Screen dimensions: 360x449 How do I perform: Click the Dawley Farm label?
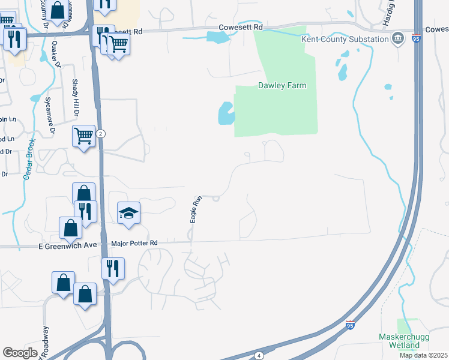tap(282, 85)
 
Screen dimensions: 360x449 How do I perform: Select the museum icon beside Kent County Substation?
tap(397, 40)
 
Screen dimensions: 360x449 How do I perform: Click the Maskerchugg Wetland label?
tap(404, 341)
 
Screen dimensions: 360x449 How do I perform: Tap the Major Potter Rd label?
tap(134, 243)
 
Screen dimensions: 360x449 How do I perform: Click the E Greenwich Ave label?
tap(67, 245)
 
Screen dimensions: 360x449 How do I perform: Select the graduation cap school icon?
tap(128, 213)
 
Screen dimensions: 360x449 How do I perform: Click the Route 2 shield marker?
tap(101, 134)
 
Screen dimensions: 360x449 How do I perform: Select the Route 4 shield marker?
tap(258, 355)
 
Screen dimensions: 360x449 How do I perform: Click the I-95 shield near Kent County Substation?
tap(417, 38)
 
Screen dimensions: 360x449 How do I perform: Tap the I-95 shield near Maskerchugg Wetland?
tap(351, 326)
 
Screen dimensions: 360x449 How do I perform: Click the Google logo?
tap(20, 353)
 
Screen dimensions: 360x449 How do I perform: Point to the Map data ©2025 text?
tap(423, 355)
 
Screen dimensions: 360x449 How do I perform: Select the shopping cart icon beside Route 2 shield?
tap(83, 135)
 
